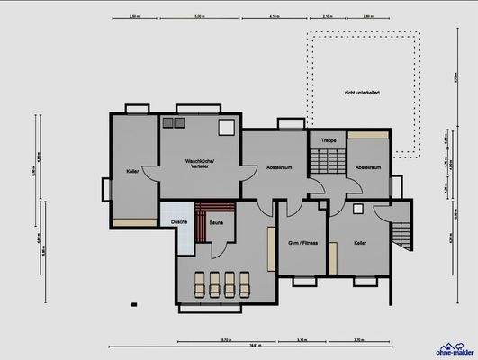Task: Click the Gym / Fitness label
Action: (x=303, y=243)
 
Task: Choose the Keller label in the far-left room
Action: (x=133, y=170)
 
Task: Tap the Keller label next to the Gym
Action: (x=360, y=243)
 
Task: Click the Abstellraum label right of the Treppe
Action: (x=368, y=167)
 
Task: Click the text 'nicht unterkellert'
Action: (x=360, y=93)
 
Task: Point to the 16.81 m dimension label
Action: (x=256, y=345)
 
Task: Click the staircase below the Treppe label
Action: (x=326, y=163)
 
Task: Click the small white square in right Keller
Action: (x=358, y=209)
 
